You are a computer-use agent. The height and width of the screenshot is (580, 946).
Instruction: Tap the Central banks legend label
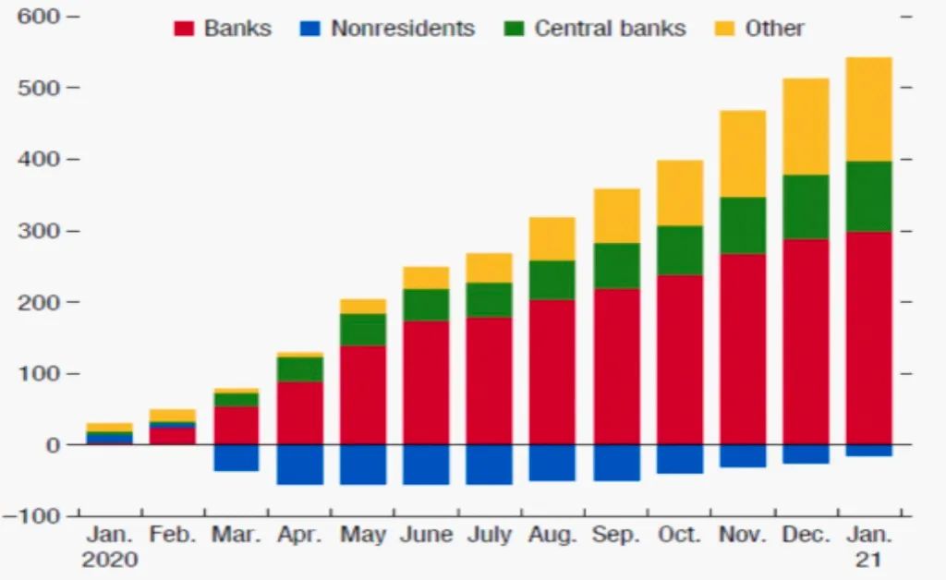(x=610, y=29)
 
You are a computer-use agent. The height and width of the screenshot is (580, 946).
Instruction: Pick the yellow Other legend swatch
(x=726, y=29)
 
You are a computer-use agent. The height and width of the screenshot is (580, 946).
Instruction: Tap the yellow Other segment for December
(x=806, y=127)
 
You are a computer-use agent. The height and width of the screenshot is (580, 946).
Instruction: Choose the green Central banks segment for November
(x=743, y=225)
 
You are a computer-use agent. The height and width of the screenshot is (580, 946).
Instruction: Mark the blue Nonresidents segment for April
(x=300, y=465)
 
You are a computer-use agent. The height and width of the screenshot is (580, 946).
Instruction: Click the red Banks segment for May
(x=363, y=395)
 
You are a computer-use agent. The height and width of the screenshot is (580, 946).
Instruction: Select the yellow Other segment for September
(x=616, y=216)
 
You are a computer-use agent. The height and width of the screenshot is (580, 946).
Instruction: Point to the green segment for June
(x=426, y=305)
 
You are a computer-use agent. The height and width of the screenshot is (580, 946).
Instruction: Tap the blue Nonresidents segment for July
(x=489, y=465)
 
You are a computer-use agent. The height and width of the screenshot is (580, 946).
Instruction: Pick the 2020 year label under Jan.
(x=109, y=560)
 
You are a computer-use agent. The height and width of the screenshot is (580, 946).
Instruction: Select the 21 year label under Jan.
(x=868, y=560)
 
